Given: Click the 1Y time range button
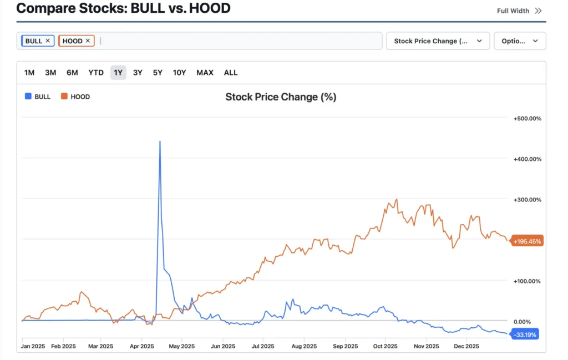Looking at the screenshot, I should point(118,73).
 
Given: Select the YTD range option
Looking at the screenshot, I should point(96,73).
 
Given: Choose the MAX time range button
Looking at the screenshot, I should point(205,73).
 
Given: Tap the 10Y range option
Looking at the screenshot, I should point(179,73).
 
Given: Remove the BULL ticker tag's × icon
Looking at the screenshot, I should point(48,41).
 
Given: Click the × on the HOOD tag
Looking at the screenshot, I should point(88,41).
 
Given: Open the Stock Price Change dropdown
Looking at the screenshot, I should point(438,41).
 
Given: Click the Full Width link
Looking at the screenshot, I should point(519,11).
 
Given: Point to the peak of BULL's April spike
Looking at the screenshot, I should point(160,141).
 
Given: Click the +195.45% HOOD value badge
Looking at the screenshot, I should point(527,241).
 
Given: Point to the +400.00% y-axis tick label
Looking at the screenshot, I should point(527,159).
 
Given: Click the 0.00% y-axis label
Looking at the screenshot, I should point(523,321).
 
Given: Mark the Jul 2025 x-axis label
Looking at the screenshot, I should point(263,346).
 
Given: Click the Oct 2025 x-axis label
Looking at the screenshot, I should point(386,346).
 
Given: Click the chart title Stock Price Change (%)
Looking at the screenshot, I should point(281,97).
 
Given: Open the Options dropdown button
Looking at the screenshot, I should point(520,41).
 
